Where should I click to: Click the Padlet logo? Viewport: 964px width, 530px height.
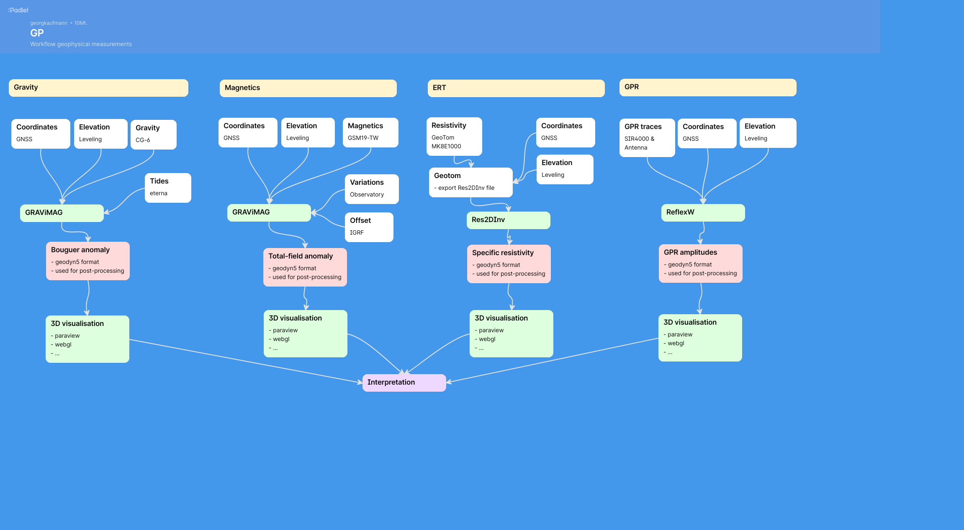[18, 10]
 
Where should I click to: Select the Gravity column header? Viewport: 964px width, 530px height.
[98, 88]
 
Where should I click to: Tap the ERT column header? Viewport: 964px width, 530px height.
[516, 88]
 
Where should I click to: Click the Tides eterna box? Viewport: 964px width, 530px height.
[168, 188]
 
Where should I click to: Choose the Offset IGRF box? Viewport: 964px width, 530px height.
[369, 227]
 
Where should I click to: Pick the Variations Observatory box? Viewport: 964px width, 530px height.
[372, 189]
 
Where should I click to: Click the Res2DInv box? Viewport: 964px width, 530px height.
[508, 220]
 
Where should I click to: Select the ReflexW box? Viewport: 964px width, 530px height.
[703, 213]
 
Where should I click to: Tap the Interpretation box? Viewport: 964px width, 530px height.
[404, 383]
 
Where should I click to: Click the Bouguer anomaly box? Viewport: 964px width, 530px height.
[88, 261]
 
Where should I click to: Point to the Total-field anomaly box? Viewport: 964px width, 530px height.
[305, 267]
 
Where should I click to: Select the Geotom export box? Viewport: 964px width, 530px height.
[470, 182]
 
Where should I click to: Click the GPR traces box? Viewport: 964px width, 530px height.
[647, 137]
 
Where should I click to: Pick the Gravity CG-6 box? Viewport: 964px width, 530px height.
[154, 134]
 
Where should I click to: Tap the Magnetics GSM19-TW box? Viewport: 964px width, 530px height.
[370, 132]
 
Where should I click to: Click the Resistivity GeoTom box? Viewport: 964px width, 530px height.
[454, 137]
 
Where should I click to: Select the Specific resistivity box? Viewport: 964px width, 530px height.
[509, 264]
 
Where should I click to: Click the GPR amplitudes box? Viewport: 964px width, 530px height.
[700, 263]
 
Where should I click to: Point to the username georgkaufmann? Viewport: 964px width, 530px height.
[49, 23]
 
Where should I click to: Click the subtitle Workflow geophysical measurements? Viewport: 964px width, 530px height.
[81, 44]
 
